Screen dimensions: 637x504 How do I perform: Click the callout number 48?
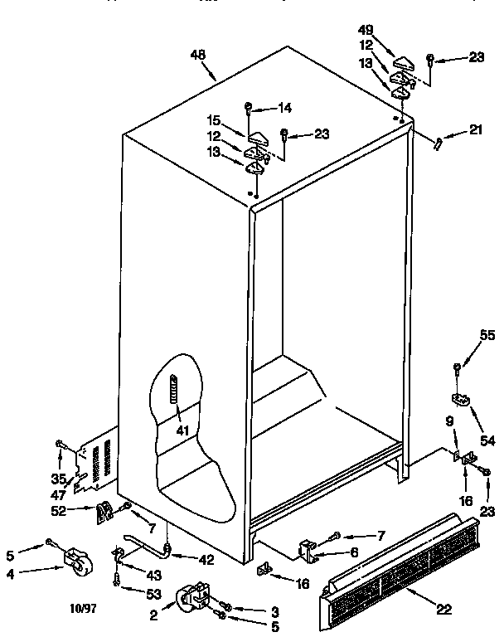tap(197, 56)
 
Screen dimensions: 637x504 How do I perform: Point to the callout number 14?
tap(284, 107)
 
